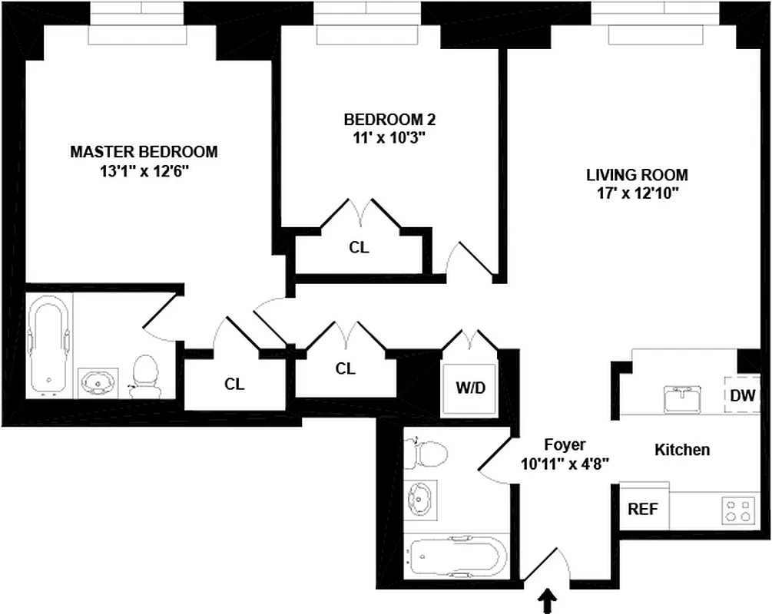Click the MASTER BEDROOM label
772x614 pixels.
pos(144,152)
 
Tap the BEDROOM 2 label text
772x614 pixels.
pos(384,120)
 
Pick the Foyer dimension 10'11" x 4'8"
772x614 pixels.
pos(565,463)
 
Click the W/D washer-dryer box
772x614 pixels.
pos(471,388)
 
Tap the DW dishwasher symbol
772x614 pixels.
pos(743,396)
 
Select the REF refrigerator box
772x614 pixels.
pos(643,509)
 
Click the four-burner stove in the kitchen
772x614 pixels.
pos(738,511)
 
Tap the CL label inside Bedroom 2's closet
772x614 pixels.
pos(359,248)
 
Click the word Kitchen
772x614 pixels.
pos(681,450)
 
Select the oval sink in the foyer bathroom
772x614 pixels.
pos(420,497)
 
